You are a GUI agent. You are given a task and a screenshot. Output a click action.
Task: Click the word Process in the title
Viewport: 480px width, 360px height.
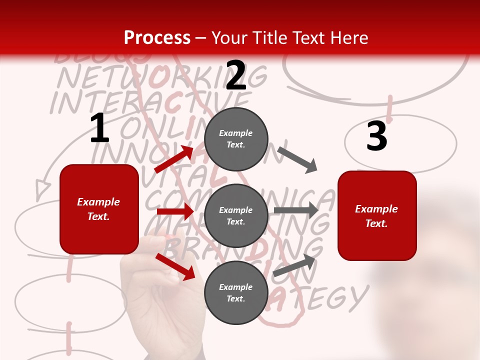point(157,38)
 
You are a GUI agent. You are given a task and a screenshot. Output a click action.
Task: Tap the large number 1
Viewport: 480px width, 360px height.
point(99,128)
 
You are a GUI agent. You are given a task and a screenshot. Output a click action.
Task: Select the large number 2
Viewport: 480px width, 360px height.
point(236,75)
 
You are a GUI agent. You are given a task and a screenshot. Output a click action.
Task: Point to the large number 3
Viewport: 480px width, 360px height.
point(376,136)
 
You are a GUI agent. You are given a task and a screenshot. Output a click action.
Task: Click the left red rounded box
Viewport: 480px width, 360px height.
point(99,209)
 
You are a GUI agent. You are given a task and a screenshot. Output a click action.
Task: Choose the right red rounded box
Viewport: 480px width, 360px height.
point(377,215)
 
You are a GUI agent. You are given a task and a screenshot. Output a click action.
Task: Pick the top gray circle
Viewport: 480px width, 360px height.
point(236,139)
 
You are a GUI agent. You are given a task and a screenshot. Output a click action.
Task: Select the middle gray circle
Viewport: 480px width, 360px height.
point(236,215)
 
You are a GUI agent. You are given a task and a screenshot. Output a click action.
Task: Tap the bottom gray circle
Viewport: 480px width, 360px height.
point(236,292)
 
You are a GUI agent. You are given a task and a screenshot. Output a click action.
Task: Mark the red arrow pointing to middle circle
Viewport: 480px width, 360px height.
point(175,211)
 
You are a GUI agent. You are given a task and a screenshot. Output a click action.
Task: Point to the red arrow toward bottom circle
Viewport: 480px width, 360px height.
point(175,266)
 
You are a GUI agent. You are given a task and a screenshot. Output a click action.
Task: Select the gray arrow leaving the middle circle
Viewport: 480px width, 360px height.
point(295,210)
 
